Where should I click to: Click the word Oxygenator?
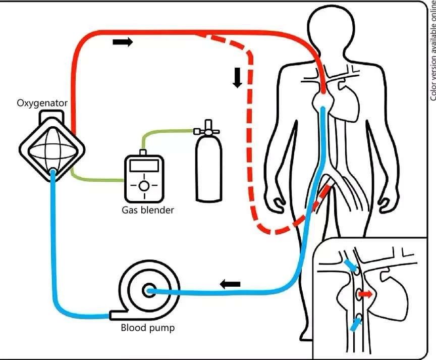point(42,103)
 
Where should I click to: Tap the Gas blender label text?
point(147,210)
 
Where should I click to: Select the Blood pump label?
point(147,328)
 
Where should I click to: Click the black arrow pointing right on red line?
point(123,42)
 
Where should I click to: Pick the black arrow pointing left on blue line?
point(230,284)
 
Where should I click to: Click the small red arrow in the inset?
point(365,293)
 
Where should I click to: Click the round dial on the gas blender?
point(144,185)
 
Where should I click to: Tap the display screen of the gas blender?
point(144,166)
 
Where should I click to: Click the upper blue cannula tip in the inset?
point(351,266)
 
